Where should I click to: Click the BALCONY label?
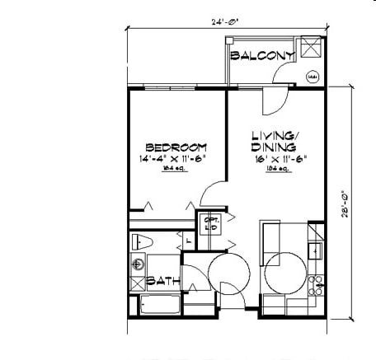point(262,56)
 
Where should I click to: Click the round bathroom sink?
point(137,265)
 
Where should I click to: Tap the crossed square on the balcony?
point(312,49)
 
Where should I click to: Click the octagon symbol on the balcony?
point(312,78)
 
